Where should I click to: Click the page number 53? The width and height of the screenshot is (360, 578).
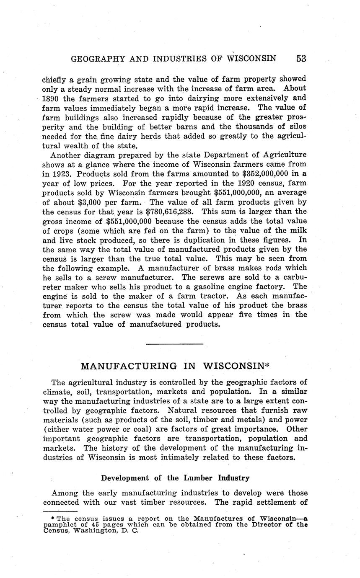pyautogui.click(x=301, y=59)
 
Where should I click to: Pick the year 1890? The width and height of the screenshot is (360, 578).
pyautogui.click(x=52, y=98)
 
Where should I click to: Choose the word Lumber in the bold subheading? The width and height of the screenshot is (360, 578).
pyautogui.click(x=197, y=478)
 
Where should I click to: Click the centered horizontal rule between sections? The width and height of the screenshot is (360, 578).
pyautogui.click(x=175, y=344)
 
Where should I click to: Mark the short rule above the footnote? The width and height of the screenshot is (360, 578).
pyautogui.click(x=60, y=511)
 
